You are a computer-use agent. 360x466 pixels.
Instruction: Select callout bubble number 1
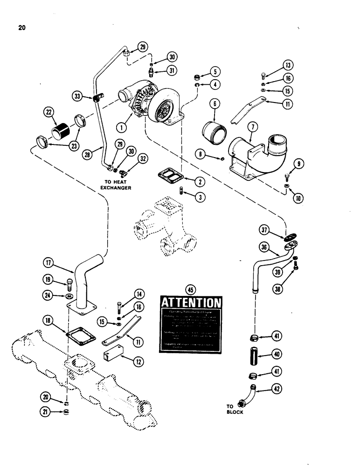123,126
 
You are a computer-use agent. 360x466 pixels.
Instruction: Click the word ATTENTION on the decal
191,304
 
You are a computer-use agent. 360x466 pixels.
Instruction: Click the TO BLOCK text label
235,409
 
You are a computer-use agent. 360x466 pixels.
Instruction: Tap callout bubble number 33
78,97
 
